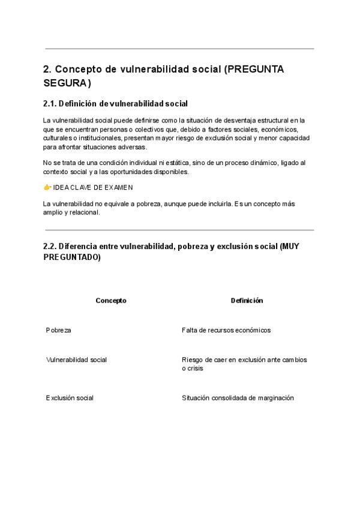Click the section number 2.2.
tap(50, 247)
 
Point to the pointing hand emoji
tap(47, 187)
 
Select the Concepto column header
tap(111, 301)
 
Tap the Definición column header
tap(247, 301)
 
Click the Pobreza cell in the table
tap(58, 330)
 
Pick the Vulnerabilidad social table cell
tap(76, 360)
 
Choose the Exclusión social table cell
tap(70, 398)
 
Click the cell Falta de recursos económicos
tap(226, 330)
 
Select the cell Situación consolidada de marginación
tap(238, 398)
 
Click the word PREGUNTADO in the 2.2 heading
tap(72, 257)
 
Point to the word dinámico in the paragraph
tap(259, 163)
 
